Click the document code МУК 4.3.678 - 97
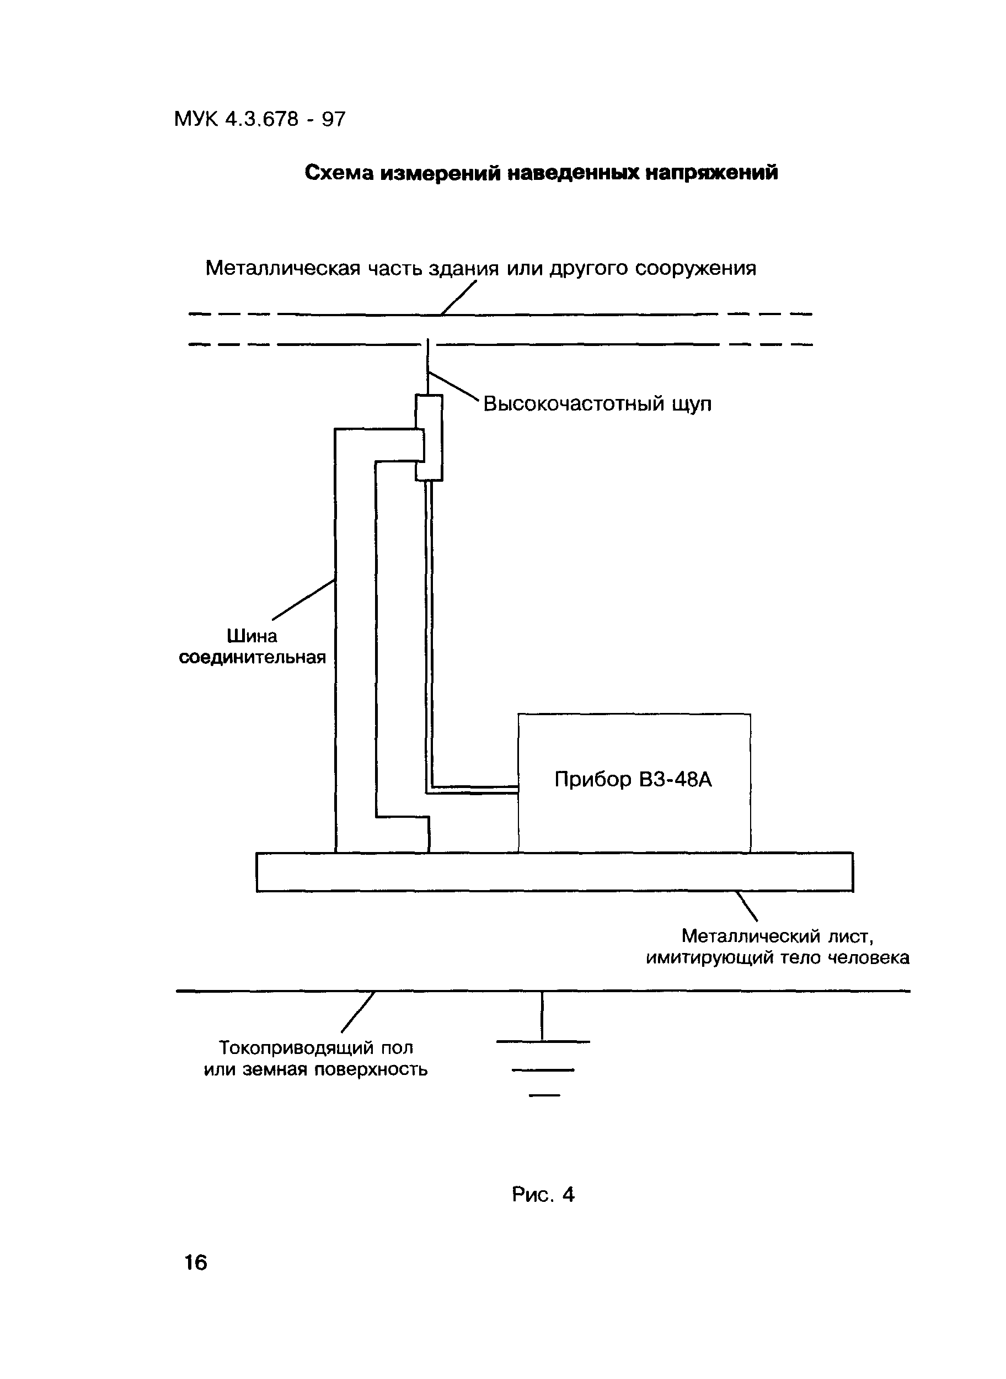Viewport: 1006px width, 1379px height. [x=259, y=119]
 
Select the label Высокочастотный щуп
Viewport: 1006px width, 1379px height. [x=597, y=404]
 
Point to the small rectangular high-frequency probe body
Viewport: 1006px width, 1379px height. [x=429, y=438]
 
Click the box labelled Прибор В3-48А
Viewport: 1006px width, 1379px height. [x=634, y=782]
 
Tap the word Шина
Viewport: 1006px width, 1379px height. [x=252, y=636]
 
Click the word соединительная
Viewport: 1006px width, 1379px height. [x=252, y=658]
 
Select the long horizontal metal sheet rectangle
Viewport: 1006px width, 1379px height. [x=554, y=872]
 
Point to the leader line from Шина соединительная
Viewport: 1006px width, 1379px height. [x=304, y=599]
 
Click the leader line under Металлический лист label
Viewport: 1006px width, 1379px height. [x=747, y=906]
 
